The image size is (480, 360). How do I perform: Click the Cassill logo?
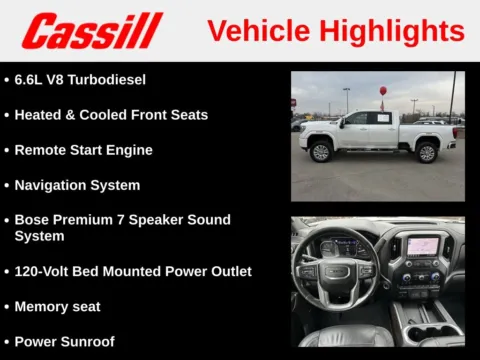[92, 30]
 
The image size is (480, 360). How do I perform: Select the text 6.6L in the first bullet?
[32, 79]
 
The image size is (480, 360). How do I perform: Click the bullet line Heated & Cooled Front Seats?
[111, 115]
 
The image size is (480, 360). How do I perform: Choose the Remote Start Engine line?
[83, 150]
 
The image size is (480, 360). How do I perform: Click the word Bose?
[33, 220]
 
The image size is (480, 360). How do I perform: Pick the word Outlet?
[226, 271]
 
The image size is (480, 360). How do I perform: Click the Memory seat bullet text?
[57, 306]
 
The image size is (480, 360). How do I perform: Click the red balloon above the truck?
[383, 90]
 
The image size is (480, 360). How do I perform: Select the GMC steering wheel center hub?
[335, 271]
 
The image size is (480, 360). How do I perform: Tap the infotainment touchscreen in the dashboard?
[420, 246]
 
